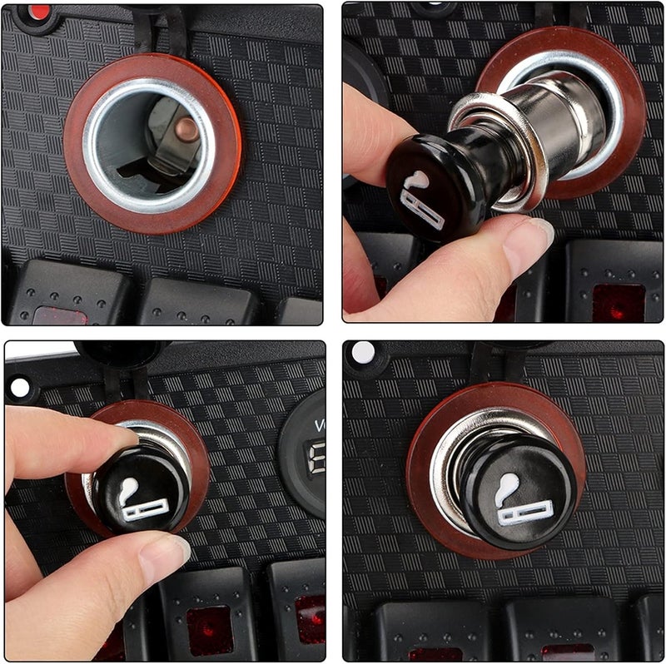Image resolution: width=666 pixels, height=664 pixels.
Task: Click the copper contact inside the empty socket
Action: (x=185, y=130)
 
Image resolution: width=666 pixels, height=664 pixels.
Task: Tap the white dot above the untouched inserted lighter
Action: (x=363, y=352)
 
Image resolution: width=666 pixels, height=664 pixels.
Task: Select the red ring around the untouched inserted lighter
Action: (x=420, y=499)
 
